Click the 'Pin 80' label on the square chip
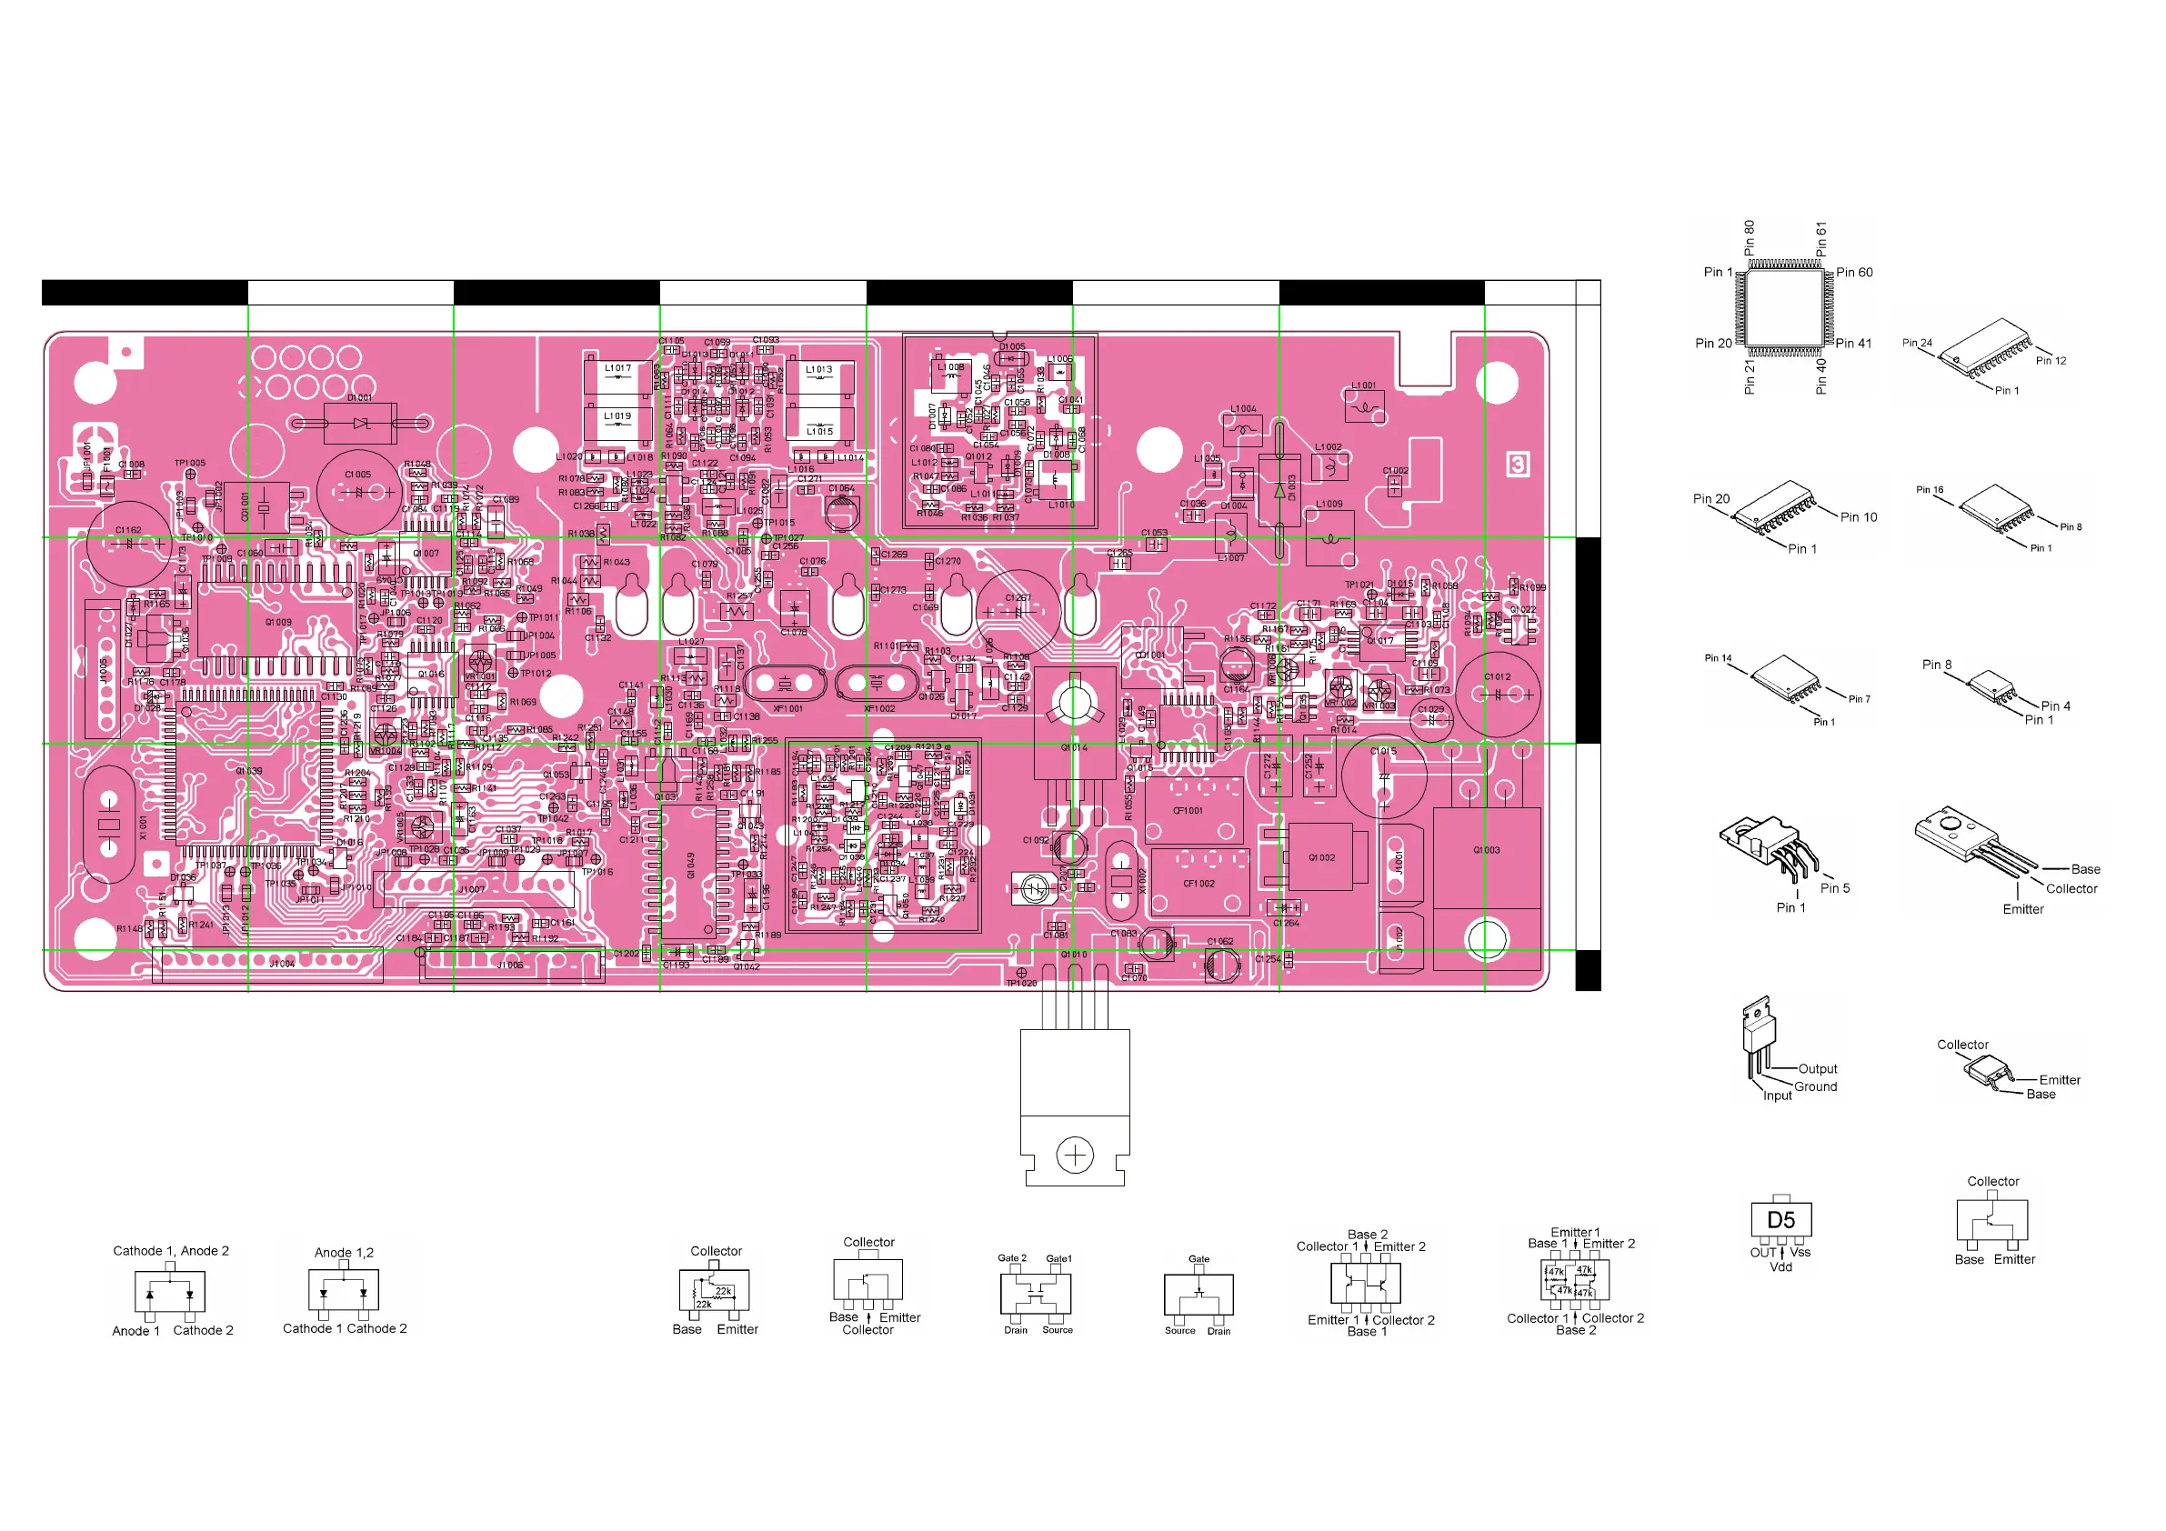point(1749,239)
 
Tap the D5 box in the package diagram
point(1780,1220)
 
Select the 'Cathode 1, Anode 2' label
point(171,1251)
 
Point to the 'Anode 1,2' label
point(344,1253)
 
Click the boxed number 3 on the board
point(1517,464)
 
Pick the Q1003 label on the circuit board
point(1486,850)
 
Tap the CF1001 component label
point(1188,810)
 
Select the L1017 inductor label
point(618,369)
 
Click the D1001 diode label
point(359,398)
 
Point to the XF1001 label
point(787,708)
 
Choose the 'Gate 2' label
point(1011,1258)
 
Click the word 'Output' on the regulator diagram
point(1817,1069)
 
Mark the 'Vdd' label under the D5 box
point(1780,1266)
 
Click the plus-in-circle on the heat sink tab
point(1075,1155)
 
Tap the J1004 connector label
point(282,964)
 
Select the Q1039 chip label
point(249,771)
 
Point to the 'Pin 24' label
point(1917,344)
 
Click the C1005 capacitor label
point(357,475)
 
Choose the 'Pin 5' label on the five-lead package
point(1835,887)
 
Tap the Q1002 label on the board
point(1321,857)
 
